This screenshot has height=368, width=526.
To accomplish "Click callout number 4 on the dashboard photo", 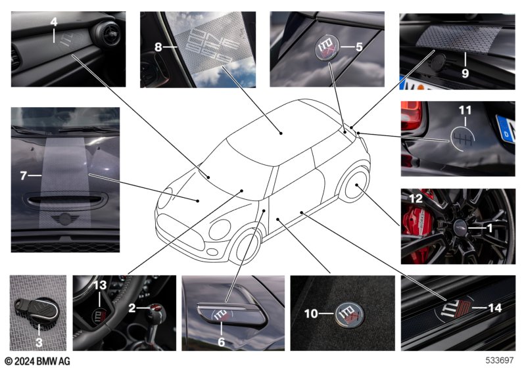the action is click(54, 22).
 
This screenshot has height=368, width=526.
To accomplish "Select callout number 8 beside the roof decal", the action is click(158, 47).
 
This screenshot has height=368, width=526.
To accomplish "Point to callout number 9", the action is click(465, 74).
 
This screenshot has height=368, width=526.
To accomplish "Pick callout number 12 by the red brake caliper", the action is click(416, 198).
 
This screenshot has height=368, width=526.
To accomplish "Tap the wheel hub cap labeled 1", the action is click(460, 228).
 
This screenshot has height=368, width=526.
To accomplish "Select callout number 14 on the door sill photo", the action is click(495, 308).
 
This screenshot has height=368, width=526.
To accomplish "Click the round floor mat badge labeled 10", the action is click(349, 314).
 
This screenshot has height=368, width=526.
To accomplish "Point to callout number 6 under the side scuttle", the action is click(221, 342).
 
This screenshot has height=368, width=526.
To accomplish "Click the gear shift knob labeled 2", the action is click(157, 312).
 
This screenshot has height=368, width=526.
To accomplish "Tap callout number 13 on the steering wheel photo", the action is click(100, 285).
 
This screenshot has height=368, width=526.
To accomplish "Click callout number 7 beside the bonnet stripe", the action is click(23, 175).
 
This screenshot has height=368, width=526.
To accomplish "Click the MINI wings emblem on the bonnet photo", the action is click(65, 219).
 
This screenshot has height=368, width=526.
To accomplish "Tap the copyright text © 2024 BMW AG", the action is click(37, 361).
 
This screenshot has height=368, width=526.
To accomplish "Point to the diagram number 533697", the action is click(500, 360).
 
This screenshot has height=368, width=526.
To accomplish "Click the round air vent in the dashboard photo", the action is click(107, 34).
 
